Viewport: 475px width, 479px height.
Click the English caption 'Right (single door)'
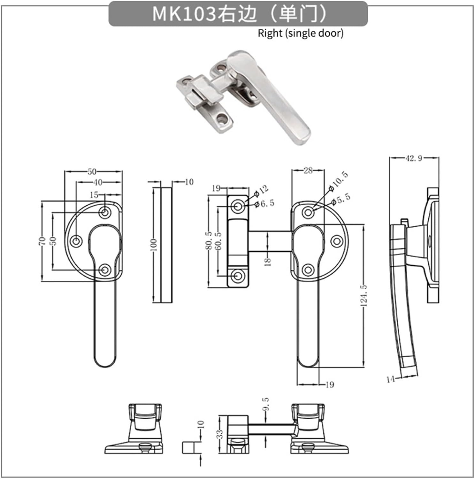[x=301, y=33]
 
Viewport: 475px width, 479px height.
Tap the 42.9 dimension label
[x=414, y=158]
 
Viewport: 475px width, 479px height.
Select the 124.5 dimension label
[x=364, y=296]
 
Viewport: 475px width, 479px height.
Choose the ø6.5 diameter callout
[x=264, y=203]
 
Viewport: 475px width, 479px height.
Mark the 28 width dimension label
[x=308, y=171]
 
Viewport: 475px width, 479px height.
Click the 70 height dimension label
[x=42, y=241]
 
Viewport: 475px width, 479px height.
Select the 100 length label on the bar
[x=154, y=245]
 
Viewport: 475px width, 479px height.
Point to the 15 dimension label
[x=94, y=195]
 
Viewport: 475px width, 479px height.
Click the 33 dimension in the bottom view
[x=220, y=434]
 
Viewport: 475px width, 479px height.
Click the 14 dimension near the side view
[x=390, y=379]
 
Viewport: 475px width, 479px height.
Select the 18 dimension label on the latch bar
[x=268, y=262]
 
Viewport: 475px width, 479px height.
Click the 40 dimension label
[x=98, y=182]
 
